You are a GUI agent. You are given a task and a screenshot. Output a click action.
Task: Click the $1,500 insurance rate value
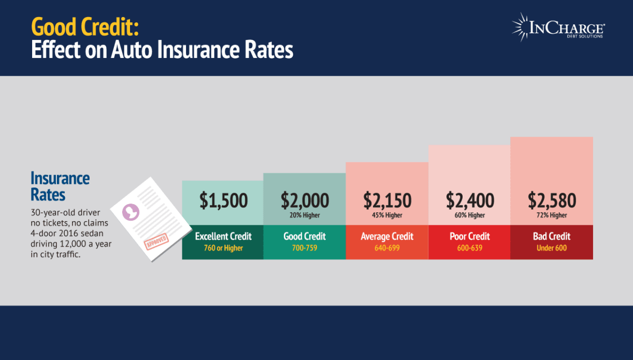point(223,200)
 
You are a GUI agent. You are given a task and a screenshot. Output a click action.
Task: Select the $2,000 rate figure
point(305,200)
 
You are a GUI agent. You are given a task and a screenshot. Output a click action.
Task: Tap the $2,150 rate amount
point(387,200)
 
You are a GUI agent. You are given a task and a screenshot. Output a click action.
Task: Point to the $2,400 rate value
point(469,200)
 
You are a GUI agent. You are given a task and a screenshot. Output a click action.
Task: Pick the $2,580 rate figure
point(552,200)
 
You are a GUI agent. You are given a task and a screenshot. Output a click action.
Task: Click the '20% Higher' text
point(305,215)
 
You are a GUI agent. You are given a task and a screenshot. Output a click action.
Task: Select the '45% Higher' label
point(387,215)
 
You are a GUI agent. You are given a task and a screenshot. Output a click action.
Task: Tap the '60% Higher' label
point(469,215)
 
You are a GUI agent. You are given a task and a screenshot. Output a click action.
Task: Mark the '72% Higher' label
point(552,215)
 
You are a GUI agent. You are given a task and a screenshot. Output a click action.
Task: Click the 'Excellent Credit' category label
point(223,236)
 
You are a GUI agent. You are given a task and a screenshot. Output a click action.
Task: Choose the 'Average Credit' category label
point(387,236)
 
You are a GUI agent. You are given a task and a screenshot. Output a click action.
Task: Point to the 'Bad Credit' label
point(552,236)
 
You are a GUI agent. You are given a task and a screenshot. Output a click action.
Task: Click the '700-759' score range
point(305,248)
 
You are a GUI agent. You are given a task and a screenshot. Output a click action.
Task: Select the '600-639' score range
point(469,248)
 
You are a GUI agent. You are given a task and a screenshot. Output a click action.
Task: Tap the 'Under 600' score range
point(552,248)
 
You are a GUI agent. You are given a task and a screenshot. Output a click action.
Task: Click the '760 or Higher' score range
point(223,248)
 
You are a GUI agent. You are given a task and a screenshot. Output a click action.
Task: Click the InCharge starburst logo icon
point(520,26)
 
